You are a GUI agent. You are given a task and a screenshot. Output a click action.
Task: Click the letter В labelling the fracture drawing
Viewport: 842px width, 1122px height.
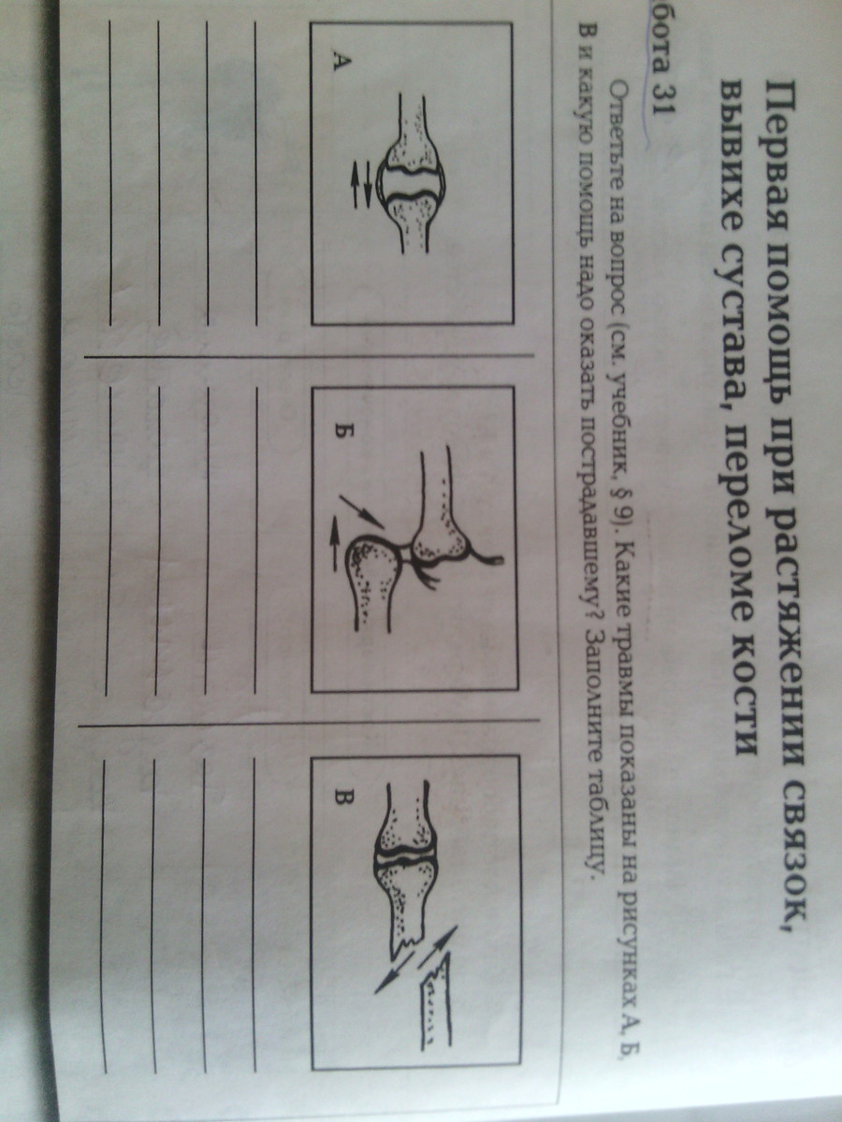pyautogui.click(x=342, y=798)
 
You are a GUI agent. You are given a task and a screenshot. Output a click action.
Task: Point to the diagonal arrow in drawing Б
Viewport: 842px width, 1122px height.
pyautogui.click(x=361, y=512)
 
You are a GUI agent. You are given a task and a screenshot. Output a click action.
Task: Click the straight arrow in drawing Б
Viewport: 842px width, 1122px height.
pyautogui.click(x=334, y=541)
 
